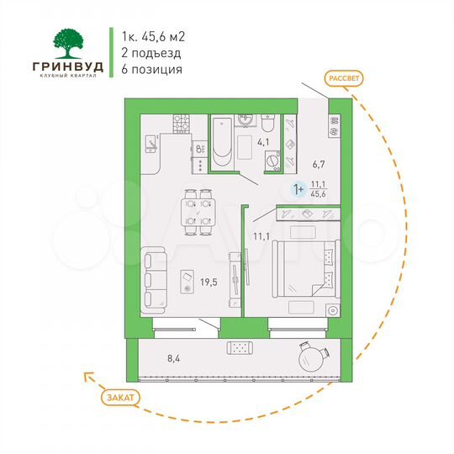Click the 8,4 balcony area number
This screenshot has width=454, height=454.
(174, 359)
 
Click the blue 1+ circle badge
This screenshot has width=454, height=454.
(298, 188)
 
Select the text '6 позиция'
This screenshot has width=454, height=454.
(152, 70)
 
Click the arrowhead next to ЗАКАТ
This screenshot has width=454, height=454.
(86, 378)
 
